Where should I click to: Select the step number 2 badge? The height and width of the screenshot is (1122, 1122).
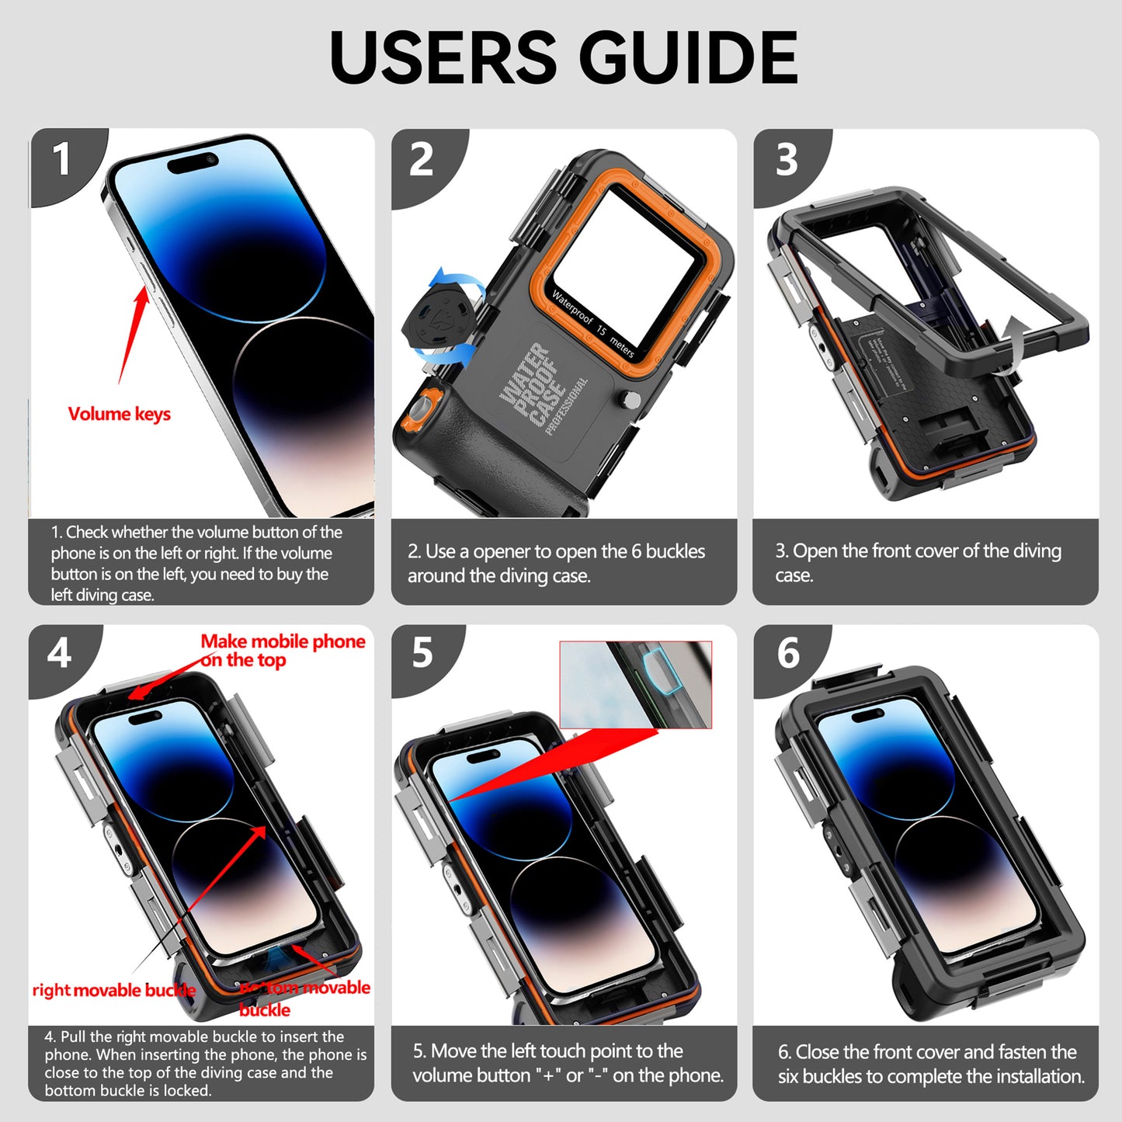pyautogui.click(x=422, y=160)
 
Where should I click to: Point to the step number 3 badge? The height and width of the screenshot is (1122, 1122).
pyautogui.click(x=786, y=160)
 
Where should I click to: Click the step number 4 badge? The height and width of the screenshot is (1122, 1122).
pyautogui.click(x=59, y=653)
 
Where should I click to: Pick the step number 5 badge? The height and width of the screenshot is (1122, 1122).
pyautogui.click(x=422, y=653)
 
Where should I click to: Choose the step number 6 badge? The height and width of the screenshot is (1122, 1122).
pyautogui.click(x=787, y=653)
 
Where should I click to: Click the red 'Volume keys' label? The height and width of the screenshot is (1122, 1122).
pyautogui.click(x=120, y=414)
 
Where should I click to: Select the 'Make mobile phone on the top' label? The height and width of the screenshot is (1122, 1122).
pyautogui.click(x=283, y=651)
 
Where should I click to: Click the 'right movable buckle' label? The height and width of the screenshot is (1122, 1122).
pyautogui.click(x=114, y=990)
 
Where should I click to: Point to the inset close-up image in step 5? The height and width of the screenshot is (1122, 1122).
pyautogui.click(x=635, y=685)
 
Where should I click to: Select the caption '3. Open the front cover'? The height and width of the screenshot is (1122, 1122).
pyautogui.click(x=918, y=562)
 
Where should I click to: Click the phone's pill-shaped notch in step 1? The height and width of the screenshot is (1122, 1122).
pyautogui.click(x=193, y=163)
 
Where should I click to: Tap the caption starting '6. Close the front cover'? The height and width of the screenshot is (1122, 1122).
pyautogui.click(x=931, y=1064)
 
